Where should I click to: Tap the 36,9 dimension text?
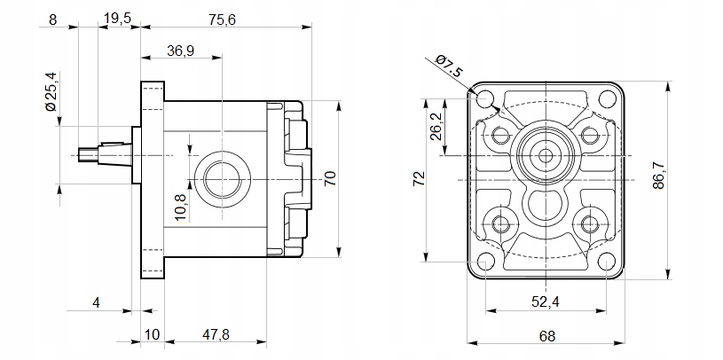(180, 51)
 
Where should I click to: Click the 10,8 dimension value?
(181, 208)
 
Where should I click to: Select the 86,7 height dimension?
(684, 177)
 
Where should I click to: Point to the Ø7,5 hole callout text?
(450, 67)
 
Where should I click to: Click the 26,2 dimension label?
(436, 129)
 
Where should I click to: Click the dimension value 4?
(96, 302)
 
